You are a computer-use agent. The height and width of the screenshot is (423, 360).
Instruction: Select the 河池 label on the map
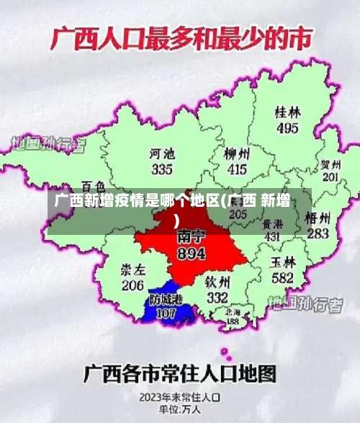pos(162,153)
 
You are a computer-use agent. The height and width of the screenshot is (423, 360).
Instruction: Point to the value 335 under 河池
pos(162,169)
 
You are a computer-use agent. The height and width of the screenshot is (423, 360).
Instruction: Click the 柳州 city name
pos(237,154)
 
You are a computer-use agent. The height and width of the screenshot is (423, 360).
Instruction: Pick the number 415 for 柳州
pos(237,170)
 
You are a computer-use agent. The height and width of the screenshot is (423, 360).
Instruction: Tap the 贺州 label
pos(330,164)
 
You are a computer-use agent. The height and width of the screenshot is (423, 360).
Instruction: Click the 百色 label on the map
pos(94,186)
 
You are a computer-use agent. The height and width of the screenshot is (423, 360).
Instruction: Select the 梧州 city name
pos(318,218)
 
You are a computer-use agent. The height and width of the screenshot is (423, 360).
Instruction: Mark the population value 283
pos(318,233)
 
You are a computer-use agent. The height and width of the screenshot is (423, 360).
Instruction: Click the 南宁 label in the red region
pos(191,237)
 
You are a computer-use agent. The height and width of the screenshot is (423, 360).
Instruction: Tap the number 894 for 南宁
pos(191,254)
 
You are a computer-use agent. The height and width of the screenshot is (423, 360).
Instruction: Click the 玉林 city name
pos(282,261)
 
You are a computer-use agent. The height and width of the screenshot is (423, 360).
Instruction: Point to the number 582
pos(282,277)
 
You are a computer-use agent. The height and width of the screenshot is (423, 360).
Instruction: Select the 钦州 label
pos(217,282)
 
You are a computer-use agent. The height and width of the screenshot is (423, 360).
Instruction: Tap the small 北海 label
pos(233,311)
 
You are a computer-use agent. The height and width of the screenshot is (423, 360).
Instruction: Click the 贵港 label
pos(272,223)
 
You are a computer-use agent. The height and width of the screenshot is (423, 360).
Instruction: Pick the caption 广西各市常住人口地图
pos(180,374)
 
